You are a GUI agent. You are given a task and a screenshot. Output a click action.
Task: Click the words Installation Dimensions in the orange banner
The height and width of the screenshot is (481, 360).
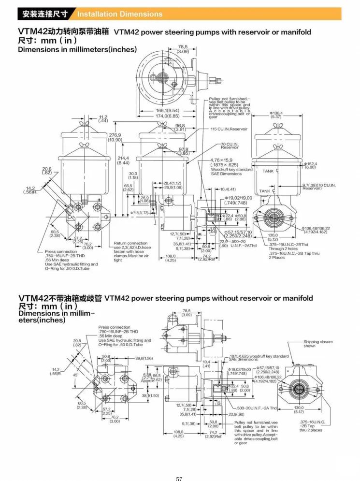tap(120, 14)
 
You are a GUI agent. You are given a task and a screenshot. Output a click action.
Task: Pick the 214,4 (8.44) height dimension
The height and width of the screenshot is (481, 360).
tap(124, 160)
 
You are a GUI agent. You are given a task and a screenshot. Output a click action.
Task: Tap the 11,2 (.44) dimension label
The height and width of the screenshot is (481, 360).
tap(103, 119)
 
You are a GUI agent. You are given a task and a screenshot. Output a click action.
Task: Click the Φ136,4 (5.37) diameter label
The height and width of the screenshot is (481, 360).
tap(276, 115)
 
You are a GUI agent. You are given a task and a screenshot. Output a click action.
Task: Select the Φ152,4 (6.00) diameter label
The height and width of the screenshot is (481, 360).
tap(310, 165)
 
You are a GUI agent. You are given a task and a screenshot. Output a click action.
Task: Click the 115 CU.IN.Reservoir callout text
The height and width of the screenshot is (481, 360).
tap(229, 130)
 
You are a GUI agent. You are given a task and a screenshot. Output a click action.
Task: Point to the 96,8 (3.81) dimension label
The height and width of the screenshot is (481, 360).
tap(180, 127)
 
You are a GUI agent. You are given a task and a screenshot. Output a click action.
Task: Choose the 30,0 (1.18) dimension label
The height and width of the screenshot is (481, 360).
tap(133, 175)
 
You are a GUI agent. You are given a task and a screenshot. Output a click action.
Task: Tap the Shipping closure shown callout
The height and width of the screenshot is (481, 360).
tap(318, 344)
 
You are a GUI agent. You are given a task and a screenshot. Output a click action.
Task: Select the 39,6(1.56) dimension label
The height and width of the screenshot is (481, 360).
tap(144, 358)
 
